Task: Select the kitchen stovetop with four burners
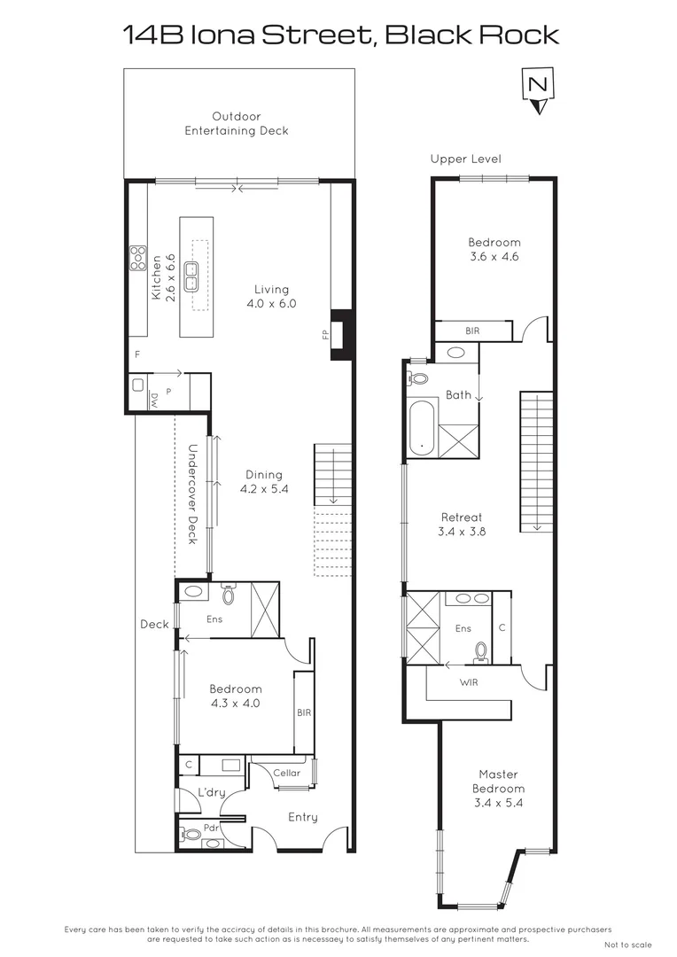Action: [138, 257]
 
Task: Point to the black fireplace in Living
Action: [341, 335]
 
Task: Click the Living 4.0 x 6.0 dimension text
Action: [271, 296]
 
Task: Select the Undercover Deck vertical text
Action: [191, 494]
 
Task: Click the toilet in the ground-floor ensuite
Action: [228, 595]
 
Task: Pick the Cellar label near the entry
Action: [286, 773]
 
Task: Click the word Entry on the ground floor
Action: [302, 817]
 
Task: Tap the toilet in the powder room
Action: [191, 835]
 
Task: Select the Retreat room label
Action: [462, 517]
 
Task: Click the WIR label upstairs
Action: [471, 682]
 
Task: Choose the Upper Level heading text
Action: [465, 159]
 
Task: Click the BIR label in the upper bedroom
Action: [472, 331]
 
